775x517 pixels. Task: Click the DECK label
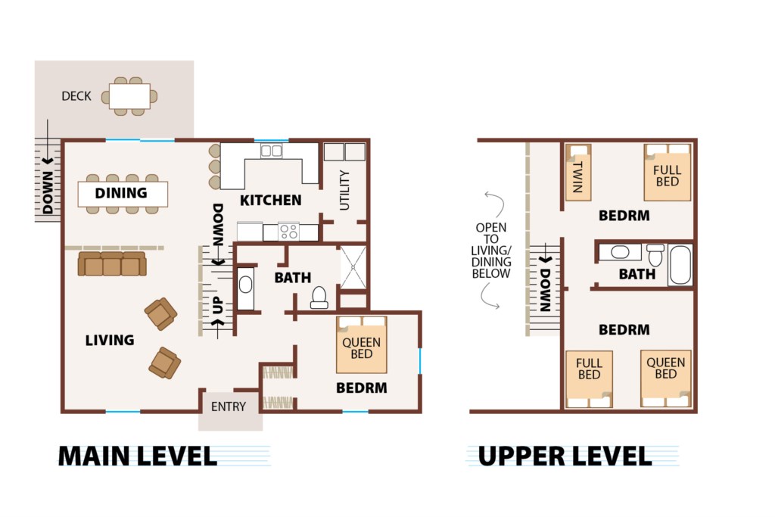coord(76,96)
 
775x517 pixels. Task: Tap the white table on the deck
coord(129,96)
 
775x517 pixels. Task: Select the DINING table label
coord(121,193)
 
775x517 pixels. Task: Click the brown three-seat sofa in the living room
coord(112,263)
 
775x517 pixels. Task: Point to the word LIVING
coord(110,340)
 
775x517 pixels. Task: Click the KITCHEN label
coord(270,200)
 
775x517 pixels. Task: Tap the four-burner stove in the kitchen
coord(288,232)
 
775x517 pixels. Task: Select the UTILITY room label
coord(344,190)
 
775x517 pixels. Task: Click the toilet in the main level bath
coord(319,297)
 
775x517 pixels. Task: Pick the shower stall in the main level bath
coord(353,267)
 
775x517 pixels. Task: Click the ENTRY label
coord(229,406)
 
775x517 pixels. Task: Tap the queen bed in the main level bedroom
coord(361,345)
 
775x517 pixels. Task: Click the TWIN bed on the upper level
coord(578,173)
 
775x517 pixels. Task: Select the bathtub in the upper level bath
coord(680,265)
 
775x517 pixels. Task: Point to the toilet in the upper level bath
coord(655,254)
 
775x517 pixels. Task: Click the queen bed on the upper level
coord(665,378)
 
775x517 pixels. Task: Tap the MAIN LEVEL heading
coord(138,456)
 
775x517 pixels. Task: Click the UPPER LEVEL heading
coord(565,456)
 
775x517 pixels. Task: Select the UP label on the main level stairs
coord(218,305)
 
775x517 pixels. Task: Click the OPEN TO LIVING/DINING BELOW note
coord(490,250)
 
